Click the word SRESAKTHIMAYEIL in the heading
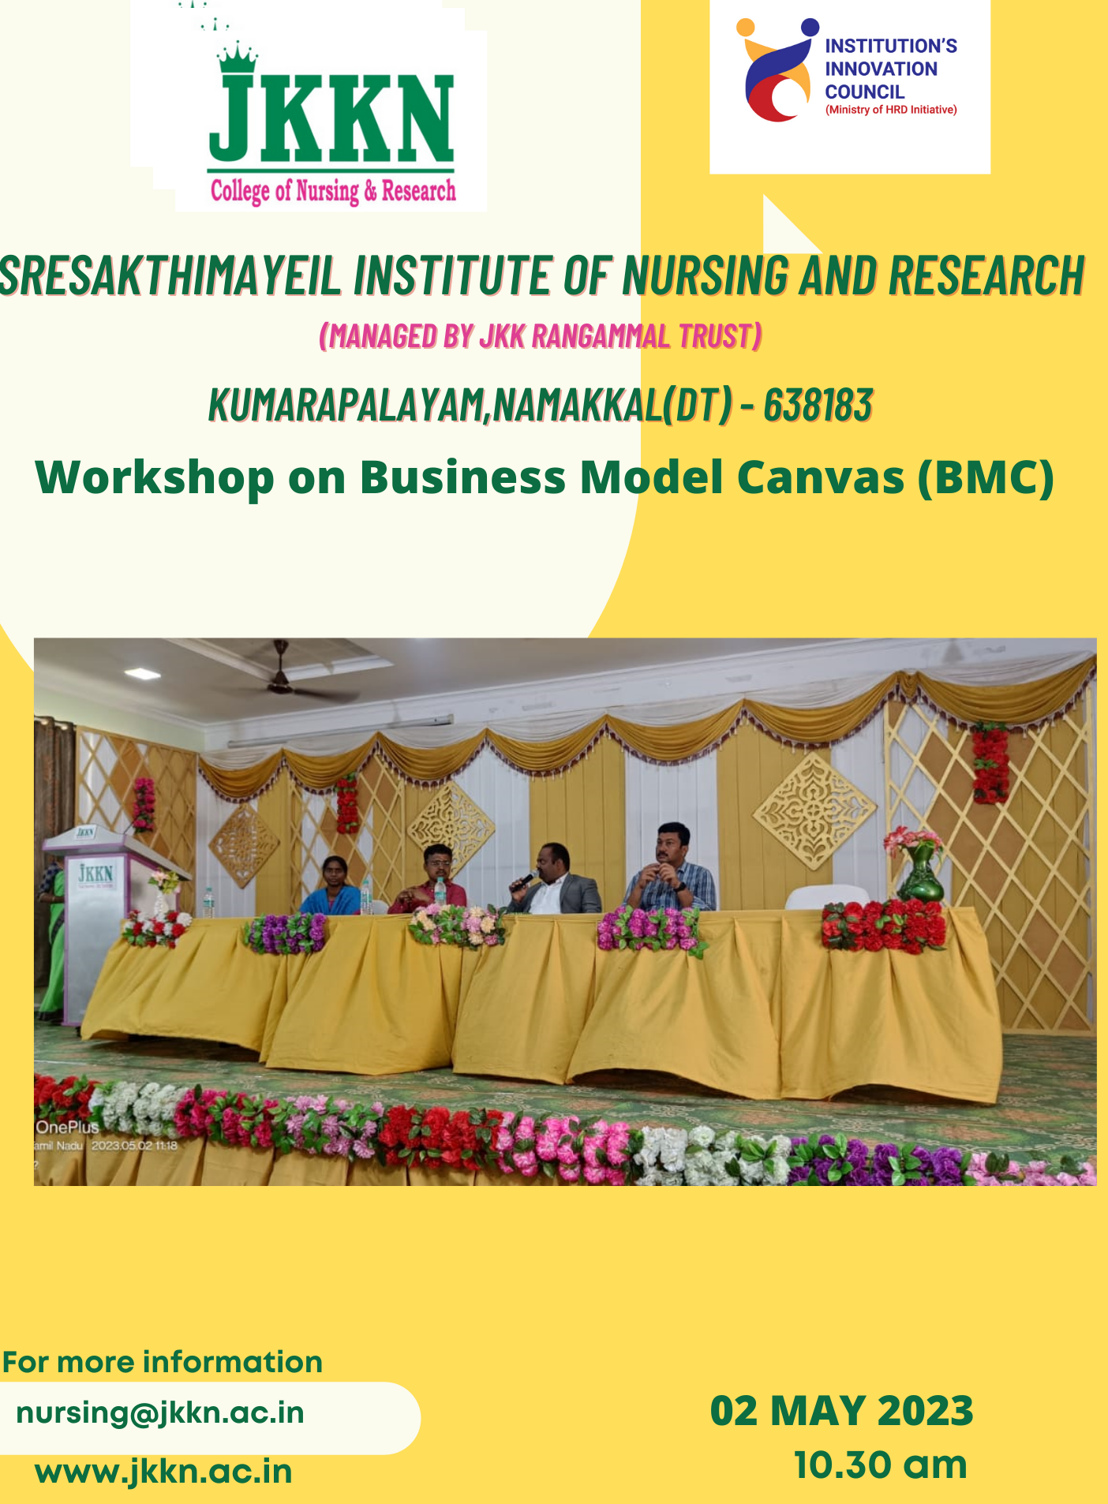click(170, 275)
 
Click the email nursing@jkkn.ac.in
click(160, 1412)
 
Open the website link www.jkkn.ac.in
click(163, 1472)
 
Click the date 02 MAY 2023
click(841, 1411)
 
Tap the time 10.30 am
click(880, 1465)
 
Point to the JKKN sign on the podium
click(95, 874)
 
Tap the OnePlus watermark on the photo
click(67, 1128)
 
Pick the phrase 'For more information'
click(163, 1362)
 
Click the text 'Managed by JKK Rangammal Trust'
click(541, 336)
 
